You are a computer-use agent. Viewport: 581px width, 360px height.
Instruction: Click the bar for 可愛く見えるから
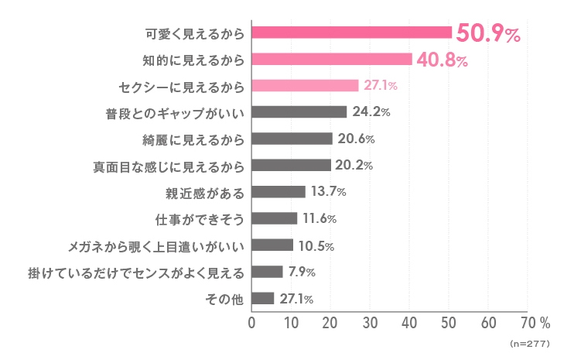pos(352,33)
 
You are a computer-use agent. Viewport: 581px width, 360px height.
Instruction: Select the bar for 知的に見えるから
pos(332,59)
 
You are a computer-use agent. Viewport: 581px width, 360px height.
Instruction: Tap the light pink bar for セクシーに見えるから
pos(305,85)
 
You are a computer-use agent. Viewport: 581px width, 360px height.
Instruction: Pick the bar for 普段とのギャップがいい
pos(299,112)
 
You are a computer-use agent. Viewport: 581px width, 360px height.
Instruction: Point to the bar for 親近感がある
pos(279,192)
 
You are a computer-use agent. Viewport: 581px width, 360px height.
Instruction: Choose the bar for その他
pos(263,298)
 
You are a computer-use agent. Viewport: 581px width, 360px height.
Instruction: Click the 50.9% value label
pos(487,33)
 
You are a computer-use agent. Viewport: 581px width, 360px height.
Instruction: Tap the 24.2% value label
pos(371,112)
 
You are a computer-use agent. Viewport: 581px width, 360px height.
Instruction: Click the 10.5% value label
pos(316,245)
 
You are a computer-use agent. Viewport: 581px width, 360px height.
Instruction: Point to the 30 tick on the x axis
pos(370,322)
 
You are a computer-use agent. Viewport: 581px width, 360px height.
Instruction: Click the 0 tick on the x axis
pos(251,322)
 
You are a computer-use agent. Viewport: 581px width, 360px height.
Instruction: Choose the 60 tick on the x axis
pos(488,322)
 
